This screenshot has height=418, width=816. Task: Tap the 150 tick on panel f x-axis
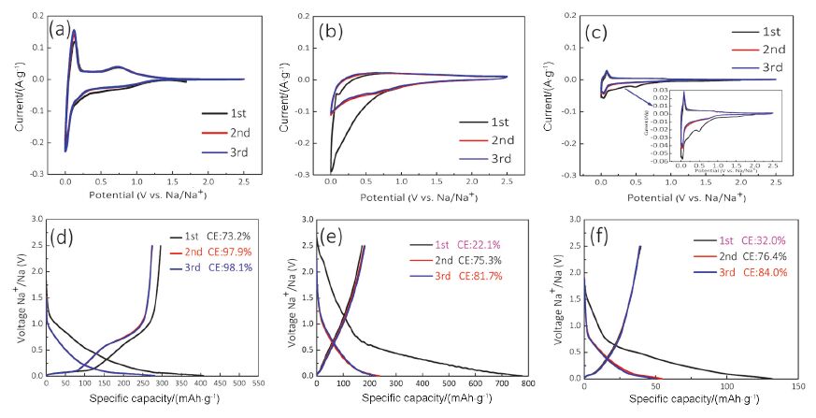click(797, 384)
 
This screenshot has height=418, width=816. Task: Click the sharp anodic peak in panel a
click(74, 31)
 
